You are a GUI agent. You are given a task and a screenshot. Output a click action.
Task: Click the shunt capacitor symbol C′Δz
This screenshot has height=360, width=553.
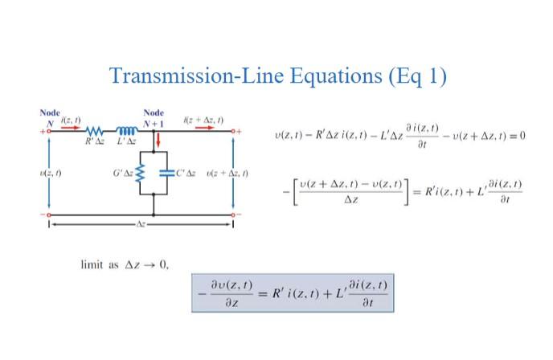pos(165,173)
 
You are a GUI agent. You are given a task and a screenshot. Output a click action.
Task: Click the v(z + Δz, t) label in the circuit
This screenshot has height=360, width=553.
pos(227,173)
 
